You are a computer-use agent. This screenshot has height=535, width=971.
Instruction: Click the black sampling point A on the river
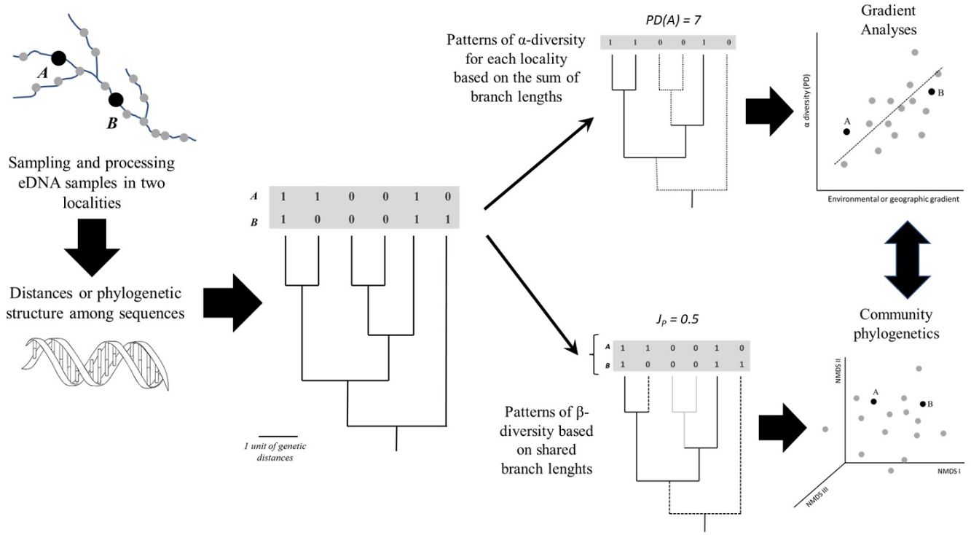click(58, 58)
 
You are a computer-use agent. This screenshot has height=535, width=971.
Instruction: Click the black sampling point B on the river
click(116, 101)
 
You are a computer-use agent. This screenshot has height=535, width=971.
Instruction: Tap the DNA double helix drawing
click(95, 363)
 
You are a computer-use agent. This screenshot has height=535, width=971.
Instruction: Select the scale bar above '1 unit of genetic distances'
click(278, 436)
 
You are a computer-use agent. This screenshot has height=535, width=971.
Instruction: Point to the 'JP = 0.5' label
click(677, 320)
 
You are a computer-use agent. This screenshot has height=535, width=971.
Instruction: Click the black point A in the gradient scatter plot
click(846, 131)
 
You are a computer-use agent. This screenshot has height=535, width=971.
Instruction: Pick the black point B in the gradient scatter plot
click(932, 92)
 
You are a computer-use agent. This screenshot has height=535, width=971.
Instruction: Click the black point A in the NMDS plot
click(873, 402)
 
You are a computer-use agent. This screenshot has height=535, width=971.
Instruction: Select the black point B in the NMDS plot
click(923, 404)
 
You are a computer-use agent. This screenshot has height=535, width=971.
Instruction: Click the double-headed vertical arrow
click(908, 259)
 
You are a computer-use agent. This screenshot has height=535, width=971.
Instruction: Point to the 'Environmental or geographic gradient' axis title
click(893, 199)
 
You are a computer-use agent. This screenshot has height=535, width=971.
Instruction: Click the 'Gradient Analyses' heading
click(888, 20)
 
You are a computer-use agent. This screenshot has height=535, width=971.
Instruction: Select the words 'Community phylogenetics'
click(896, 324)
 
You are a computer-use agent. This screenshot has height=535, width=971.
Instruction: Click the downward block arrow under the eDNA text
click(92, 247)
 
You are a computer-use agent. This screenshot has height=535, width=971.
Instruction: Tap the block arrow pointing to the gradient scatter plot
click(769, 112)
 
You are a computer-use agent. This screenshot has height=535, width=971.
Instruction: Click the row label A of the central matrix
click(254, 197)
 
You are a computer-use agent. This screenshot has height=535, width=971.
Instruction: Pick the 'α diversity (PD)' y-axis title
click(806, 101)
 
